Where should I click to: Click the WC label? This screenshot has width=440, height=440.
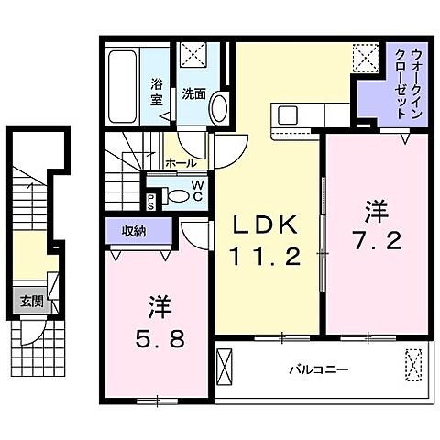(x=196, y=188)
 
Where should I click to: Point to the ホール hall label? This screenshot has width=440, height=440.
(x=179, y=163)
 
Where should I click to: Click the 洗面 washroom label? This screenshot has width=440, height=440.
(x=192, y=93)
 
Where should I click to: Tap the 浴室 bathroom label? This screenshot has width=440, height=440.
(x=156, y=92)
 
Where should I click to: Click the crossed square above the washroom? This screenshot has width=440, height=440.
(x=193, y=54)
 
